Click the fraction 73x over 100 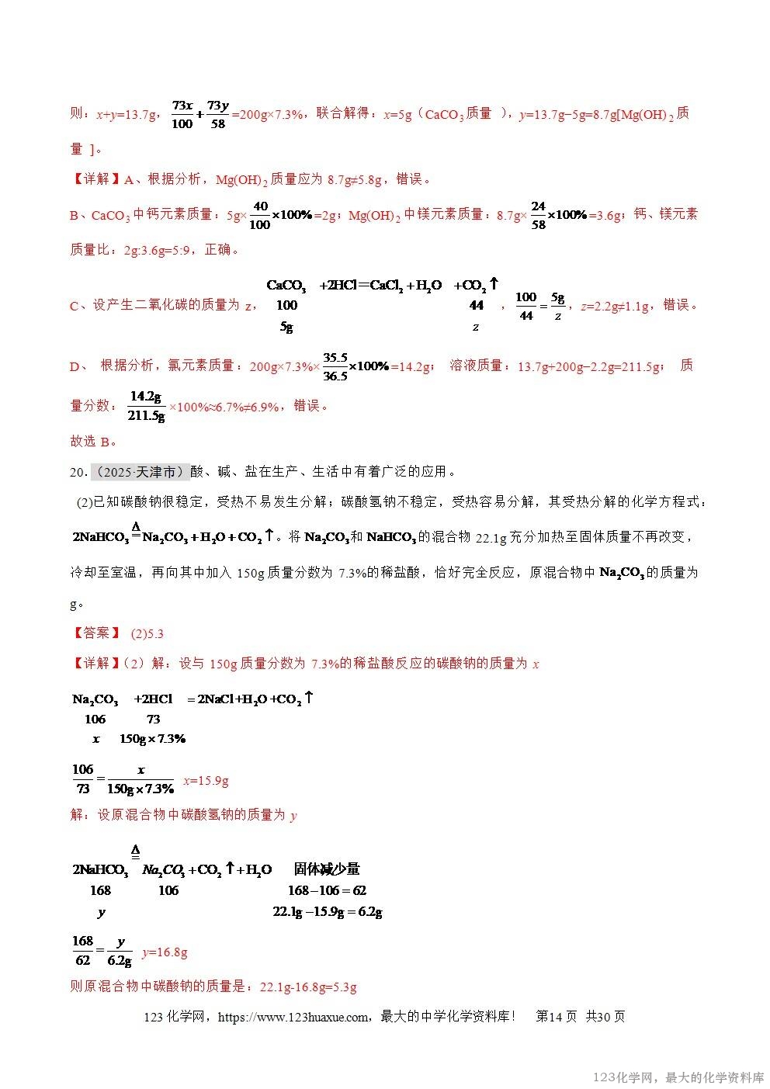click(182, 114)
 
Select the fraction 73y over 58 click(218, 114)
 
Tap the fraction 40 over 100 click(260, 215)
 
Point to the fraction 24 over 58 click(538, 215)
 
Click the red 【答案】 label click(95, 633)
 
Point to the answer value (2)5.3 click(147, 633)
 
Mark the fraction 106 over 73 click(82, 779)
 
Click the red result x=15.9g click(206, 781)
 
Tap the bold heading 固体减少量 click(327, 869)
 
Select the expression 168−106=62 click(327, 890)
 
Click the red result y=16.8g click(165, 952)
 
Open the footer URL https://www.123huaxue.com click(293, 1017)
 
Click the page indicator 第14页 click(557, 1017)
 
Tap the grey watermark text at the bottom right click(678, 1077)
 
